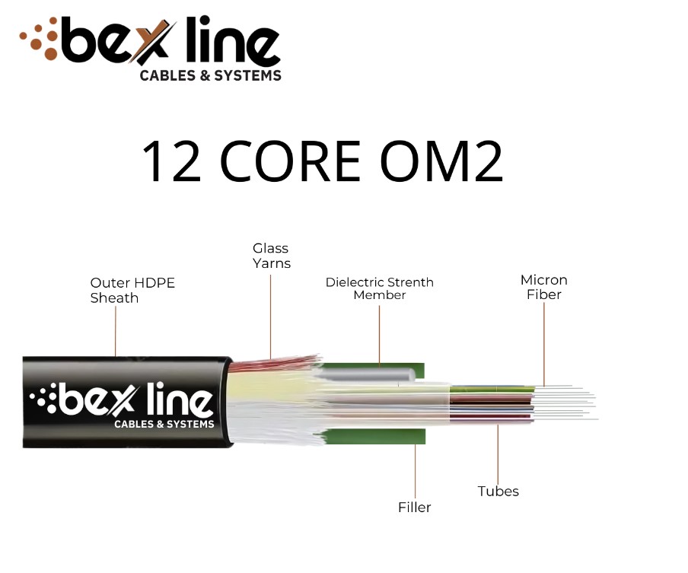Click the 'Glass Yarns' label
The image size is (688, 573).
[x=271, y=256]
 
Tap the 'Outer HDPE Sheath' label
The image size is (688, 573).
[x=132, y=290]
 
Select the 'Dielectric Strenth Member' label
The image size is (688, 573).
[x=379, y=288]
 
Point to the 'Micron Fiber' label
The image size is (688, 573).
[x=543, y=287]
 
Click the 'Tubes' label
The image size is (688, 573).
[x=498, y=491]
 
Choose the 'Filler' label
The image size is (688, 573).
[x=415, y=507]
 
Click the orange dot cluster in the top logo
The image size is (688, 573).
[x=40, y=41]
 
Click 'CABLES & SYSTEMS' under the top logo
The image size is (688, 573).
[x=210, y=75]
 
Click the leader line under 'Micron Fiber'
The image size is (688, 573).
[x=544, y=342]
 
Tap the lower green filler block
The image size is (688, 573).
[x=373, y=436]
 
